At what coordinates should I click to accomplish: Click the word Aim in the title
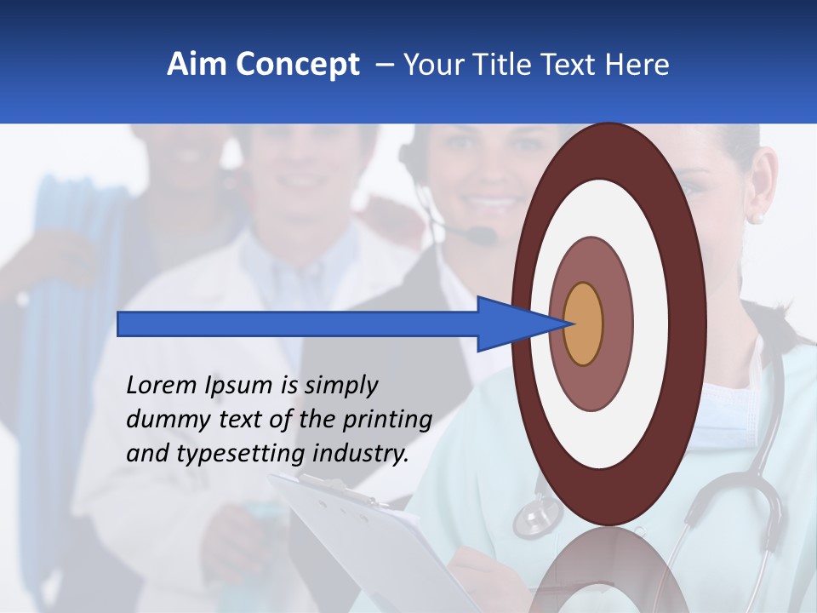[197, 65]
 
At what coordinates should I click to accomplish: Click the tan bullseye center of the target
[583, 324]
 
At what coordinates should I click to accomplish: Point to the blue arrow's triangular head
[511, 324]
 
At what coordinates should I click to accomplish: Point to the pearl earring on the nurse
[757, 218]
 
